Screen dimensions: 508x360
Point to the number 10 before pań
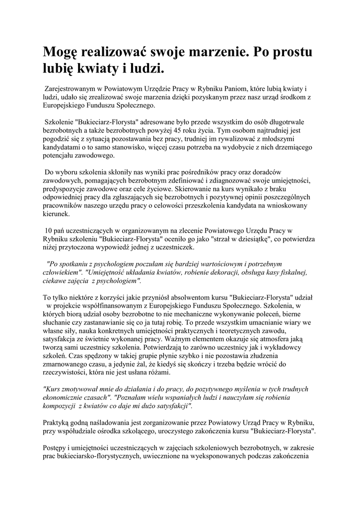tap(49, 231)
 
